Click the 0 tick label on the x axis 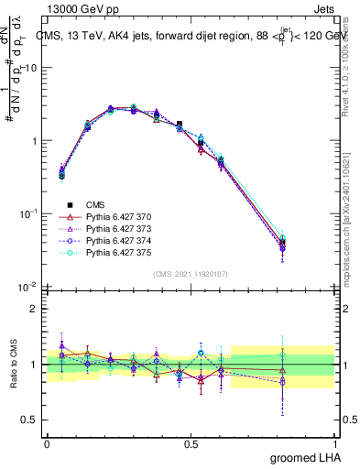click(47, 443)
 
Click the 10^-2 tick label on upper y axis click(29, 286)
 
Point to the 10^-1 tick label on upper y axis click(29, 213)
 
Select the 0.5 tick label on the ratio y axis click(31, 420)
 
